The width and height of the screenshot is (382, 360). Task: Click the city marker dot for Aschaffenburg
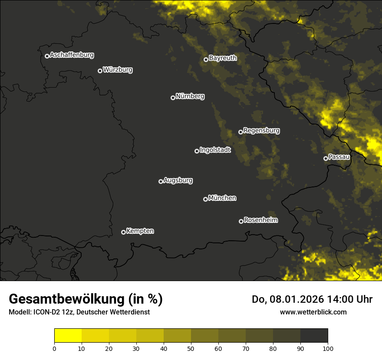(x=47, y=56)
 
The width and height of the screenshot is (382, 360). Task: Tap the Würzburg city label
(x=118, y=70)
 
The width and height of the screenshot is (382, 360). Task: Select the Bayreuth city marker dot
(x=206, y=59)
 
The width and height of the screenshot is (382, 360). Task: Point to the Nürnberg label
(x=190, y=96)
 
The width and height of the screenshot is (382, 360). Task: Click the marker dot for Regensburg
(x=240, y=132)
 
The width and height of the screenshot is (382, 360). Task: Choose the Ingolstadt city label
(x=215, y=150)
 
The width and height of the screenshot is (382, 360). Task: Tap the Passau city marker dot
(x=326, y=158)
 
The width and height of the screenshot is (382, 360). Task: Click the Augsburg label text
(x=178, y=180)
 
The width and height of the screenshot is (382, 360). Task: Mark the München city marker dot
(x=205, y=200)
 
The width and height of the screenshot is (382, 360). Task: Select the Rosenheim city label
(x=260, y=220)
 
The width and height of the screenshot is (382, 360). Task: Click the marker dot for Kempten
(x=123, y=232)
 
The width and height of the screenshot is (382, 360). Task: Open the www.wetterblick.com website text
(x=313, y=312)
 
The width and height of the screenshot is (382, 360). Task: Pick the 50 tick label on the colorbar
(x=191, y=348)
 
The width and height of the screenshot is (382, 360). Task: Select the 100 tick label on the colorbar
(x=328, y=348)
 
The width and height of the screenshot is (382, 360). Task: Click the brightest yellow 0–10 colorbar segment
(x=68, y=336)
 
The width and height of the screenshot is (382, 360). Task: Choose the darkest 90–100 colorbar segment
(x=314, y=336)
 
